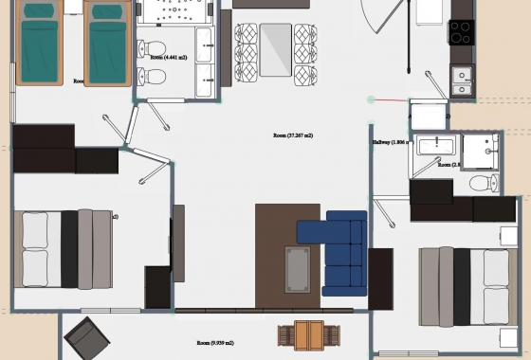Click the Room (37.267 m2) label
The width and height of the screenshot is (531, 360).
(x=293, y=135)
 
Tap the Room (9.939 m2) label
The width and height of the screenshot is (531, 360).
(x=214, y=342)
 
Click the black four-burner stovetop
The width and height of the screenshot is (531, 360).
(x=461, y=33)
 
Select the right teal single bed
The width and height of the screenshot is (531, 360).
(x=106, y=45)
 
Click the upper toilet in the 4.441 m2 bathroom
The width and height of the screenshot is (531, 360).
(x=155, y=48)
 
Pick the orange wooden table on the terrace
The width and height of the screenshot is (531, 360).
(x=304, y=335)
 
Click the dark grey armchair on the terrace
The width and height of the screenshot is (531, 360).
(x=88, y=337)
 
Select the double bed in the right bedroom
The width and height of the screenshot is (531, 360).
(x=465, y=284)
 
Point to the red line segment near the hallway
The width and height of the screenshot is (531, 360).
(x=387, y=99)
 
